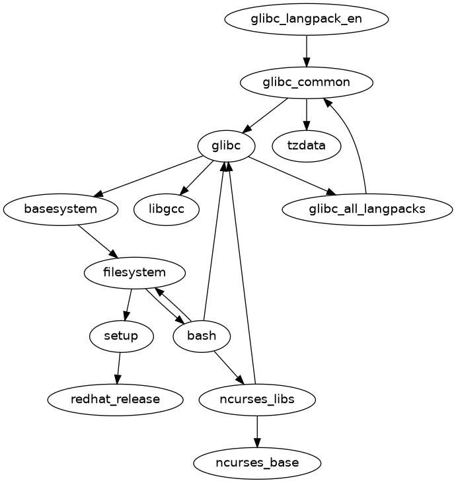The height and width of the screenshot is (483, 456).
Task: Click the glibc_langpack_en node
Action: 306,19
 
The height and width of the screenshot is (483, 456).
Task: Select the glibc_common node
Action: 306,83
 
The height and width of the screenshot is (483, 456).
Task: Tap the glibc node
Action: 227,145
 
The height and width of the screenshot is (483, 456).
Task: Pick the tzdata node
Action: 307,145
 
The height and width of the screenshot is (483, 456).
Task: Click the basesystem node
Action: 61,209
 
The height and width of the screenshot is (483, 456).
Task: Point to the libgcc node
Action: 167,209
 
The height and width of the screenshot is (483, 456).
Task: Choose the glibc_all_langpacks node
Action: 367,209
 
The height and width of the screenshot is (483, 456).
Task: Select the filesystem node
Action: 135,272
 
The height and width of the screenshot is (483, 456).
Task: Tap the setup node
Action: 122,336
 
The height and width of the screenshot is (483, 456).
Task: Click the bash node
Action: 202,336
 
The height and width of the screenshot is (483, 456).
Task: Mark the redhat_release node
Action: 115,399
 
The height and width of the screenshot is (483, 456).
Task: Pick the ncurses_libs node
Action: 257,399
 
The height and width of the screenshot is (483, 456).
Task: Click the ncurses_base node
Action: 257,463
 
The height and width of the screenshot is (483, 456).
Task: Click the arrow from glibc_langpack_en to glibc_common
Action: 306,50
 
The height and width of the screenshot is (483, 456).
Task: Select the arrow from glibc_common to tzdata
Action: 306,114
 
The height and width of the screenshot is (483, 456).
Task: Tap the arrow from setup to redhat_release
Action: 118,367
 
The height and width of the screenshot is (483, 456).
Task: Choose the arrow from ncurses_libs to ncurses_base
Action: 257,431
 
